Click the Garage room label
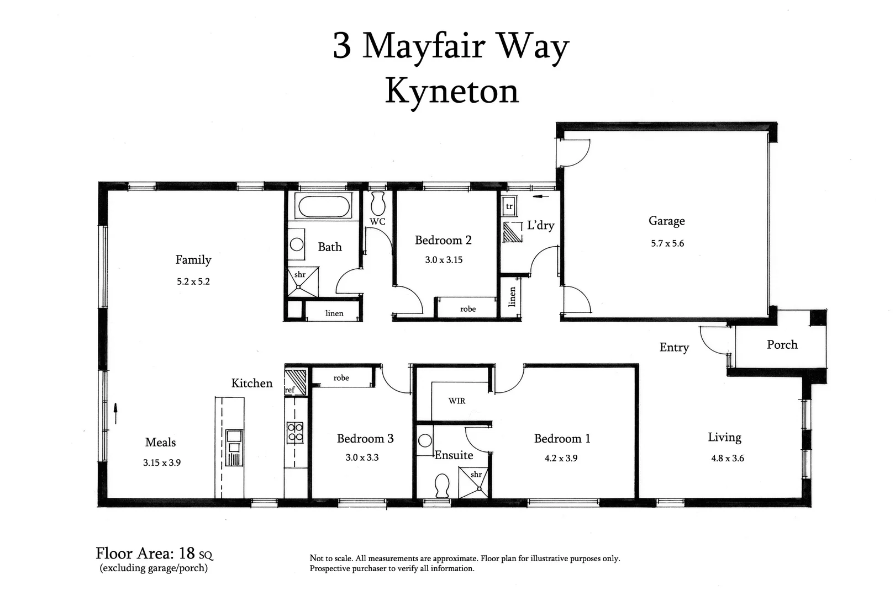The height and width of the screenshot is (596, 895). click(x=666, y=221)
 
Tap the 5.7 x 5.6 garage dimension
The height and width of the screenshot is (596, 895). click(x=667, y=243)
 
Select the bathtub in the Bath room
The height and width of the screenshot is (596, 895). click(x=324, y=207)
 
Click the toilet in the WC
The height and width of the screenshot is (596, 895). click(x=378, y=204)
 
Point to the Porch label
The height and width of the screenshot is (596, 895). click(x=782, y=345)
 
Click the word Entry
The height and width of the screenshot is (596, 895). click(x=674, y=347)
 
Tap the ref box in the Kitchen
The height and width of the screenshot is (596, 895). click(x=289, y=390)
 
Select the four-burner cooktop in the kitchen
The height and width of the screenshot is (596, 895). click(x=294, y=432)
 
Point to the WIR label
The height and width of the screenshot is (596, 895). click(x=456, y=401)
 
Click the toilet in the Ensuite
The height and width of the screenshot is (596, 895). click(x=441, y=485)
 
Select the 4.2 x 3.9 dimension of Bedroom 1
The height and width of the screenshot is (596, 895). click(x=561, y=458)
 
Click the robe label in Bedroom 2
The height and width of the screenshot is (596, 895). click(x=467, y=309)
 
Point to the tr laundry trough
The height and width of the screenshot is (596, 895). click(x=509, y=207)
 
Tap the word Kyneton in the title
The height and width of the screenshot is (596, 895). click(x=451, y=91)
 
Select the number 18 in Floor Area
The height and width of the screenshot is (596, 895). click(x=188, y=553)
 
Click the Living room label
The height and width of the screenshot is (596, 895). click(x=724, y=438)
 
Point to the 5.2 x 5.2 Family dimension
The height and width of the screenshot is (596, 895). click(x=193, y=281)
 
